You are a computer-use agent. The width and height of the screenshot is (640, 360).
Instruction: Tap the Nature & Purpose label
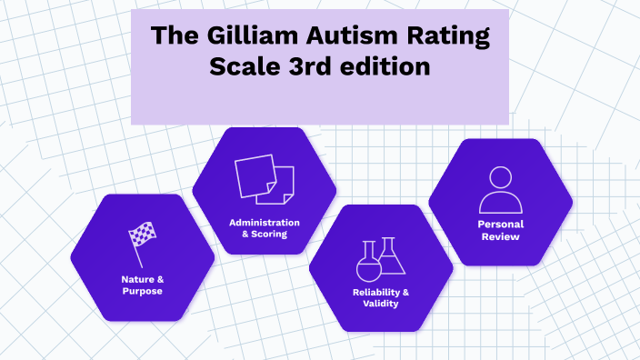(142, 285)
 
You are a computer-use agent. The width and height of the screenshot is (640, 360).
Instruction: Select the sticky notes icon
(264, 180)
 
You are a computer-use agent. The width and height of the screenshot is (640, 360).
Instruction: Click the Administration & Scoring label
(264, 228)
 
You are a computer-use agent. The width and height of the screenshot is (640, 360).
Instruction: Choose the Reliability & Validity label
(380, 298)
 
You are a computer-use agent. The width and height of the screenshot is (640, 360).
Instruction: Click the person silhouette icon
(500, 189)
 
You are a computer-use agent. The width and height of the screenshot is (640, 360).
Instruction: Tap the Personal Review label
(500, 231)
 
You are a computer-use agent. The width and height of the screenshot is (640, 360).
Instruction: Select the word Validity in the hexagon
(380, 305)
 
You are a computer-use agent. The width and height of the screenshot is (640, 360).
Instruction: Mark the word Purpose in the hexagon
(142, 291)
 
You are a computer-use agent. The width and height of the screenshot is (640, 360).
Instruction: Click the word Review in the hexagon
(500, 237)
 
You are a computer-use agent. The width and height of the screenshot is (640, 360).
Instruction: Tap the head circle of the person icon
(500, 177)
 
